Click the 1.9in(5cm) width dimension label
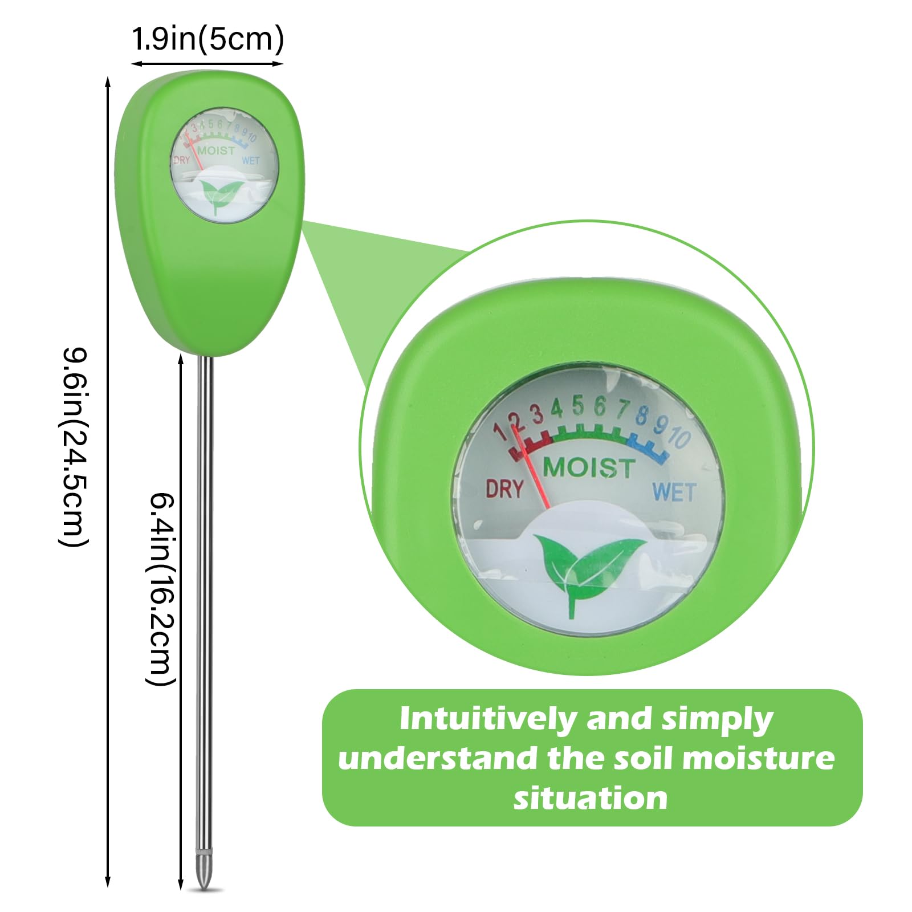[x=207, y=40]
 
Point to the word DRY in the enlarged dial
[x=504, y=488]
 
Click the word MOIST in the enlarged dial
[x=589, y=467]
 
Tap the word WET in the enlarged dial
[x=674, y=491]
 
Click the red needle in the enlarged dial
[x=532, y=467]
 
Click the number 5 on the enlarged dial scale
[x=578, y=406]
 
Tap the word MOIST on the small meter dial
[x=216, y=151]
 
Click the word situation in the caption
[x=591, y=797]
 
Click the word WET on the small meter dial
[x=251, y=161]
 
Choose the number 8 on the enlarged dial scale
[x=642, y=416]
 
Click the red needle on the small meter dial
[x=197, y=149]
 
